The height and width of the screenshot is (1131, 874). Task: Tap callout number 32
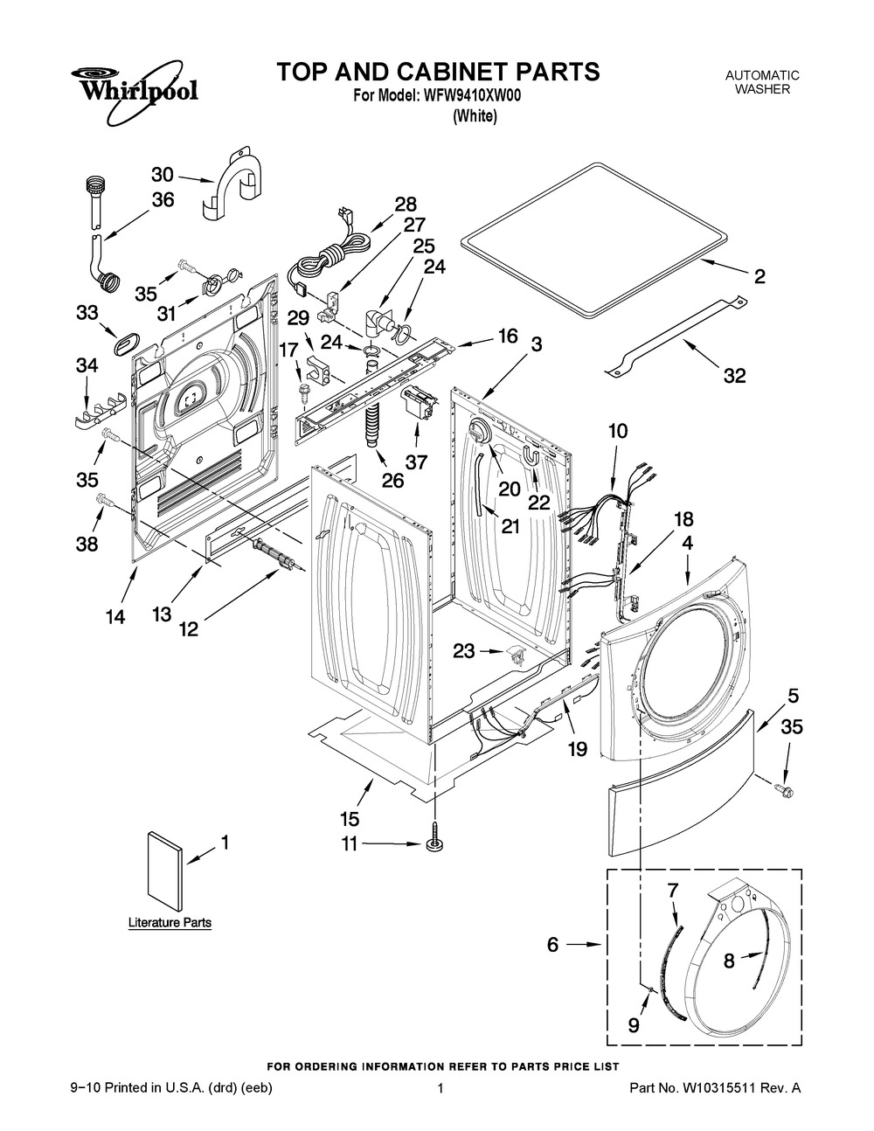click(735, 375)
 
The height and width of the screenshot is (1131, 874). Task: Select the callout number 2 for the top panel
click(760, 276)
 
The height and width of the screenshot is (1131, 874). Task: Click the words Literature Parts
click(170, 922)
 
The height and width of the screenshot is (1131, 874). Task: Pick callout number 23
click(464, 650)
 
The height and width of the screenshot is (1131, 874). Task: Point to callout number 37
click(416, 461)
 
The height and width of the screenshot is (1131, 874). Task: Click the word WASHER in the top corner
click(762, 89)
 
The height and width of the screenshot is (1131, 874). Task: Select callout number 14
click(115, 617)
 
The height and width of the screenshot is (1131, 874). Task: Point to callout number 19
click(577, 749)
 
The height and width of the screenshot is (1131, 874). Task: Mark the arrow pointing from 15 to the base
click(365, 793)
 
